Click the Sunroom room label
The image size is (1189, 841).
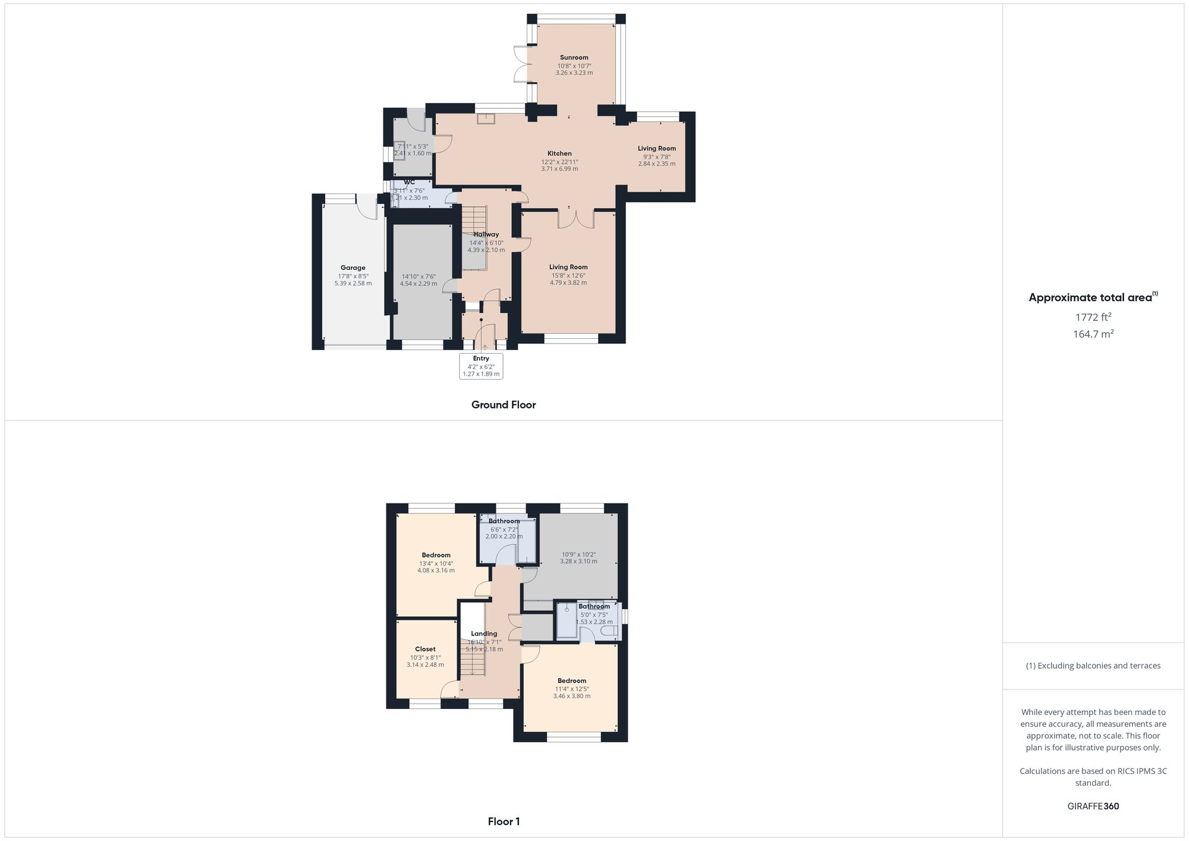coord(574,58)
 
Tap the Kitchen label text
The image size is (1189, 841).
coord(559,153)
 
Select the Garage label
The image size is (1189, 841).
coord(353,267)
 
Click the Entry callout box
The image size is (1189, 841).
coord(481,366)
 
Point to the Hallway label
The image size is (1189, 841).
coord(486,234)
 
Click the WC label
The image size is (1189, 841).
coord(409,182)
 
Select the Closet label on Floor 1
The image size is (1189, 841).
coord(425,649)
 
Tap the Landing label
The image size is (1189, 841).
coord(484,634)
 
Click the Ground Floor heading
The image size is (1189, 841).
coord(504,405)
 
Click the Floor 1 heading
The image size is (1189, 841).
coord(504,821)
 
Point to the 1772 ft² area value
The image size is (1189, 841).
coord(1093,317)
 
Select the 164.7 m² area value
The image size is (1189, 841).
coord(1093,334)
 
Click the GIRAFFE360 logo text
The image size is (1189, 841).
coord(1093,807)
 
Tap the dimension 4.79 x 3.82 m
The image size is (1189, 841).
coord(568,283)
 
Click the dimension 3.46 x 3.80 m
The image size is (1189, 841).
coord(571,696)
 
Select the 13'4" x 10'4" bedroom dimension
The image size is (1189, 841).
coord(436,563)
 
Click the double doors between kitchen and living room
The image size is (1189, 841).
coord(575,219)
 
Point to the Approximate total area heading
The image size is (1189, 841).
coord(1093,298)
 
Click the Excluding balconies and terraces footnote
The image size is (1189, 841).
coord(1093,666)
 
